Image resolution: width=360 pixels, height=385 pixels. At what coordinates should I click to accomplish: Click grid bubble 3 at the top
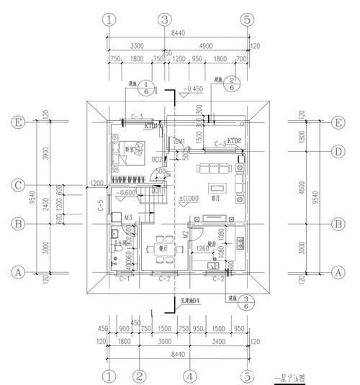tap(166, 19)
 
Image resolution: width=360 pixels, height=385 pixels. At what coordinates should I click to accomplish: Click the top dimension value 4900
tap(206, 44)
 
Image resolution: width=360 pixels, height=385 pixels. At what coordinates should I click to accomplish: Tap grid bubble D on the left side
tap(335, 152)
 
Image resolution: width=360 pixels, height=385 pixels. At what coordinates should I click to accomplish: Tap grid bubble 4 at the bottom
tap(188, 376)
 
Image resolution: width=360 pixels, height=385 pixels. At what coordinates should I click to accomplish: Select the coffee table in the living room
tap(219, 189)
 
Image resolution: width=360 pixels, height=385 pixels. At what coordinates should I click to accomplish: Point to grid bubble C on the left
tap(19, 186)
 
